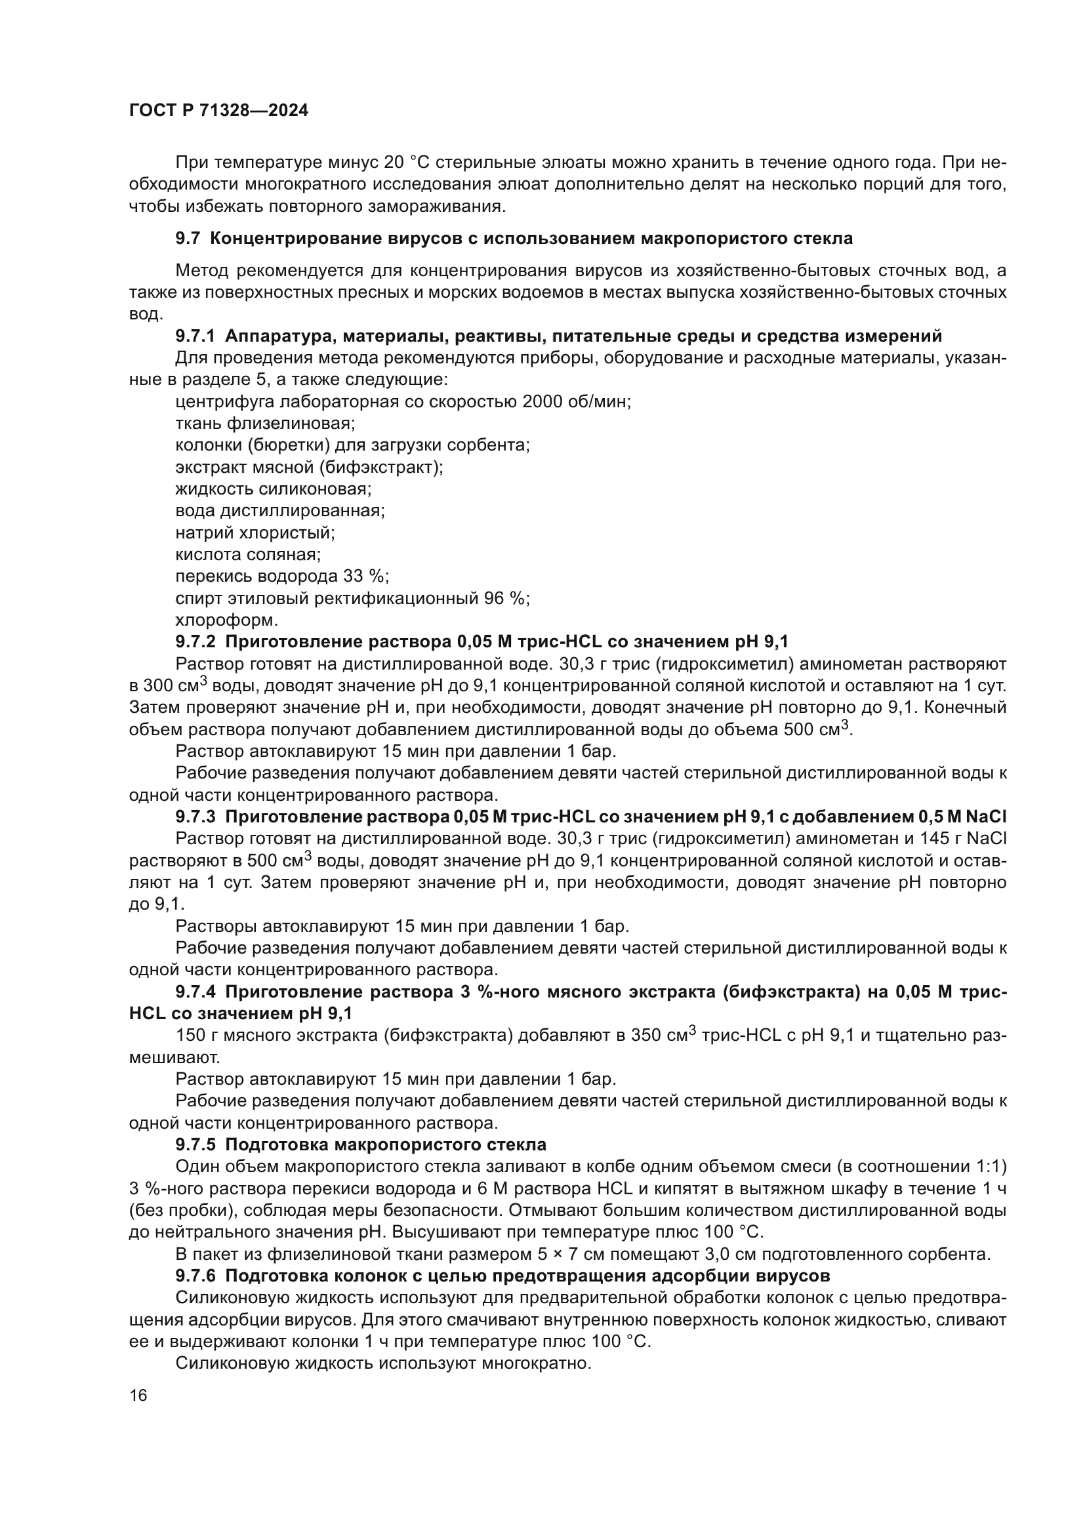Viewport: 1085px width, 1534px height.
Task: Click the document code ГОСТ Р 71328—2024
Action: [218, 111]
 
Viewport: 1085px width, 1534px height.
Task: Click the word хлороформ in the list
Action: [226, 620]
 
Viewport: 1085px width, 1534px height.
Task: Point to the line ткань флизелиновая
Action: [265, 424]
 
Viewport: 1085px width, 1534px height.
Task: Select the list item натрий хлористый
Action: [255, 533]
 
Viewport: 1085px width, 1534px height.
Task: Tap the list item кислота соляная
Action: [248, 555]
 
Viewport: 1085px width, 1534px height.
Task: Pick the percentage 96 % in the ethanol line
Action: [506, 598]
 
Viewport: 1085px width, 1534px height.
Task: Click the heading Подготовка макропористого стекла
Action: [386, 1144]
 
